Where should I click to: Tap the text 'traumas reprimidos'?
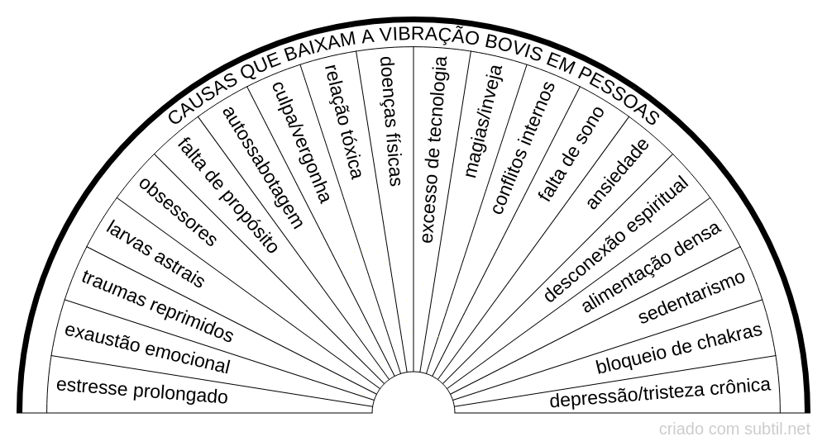(x=157, y=306)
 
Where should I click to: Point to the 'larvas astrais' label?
(x=155, y=253)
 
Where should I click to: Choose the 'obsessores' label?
(x=178, y=212)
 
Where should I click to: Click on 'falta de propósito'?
(x=227, y=194)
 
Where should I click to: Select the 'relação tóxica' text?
(x=344, y=121)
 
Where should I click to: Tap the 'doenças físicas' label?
(x=390, y=120)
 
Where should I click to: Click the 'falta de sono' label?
(x=571, y=154)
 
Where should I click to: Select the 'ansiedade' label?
(x=617, y=173)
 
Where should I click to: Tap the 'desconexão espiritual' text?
(x=616, y=240)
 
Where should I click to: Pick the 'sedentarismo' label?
(x=692, y=296)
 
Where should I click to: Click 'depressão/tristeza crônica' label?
(x=660, y=392)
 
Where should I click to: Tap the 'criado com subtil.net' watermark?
(x=735, y=429)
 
